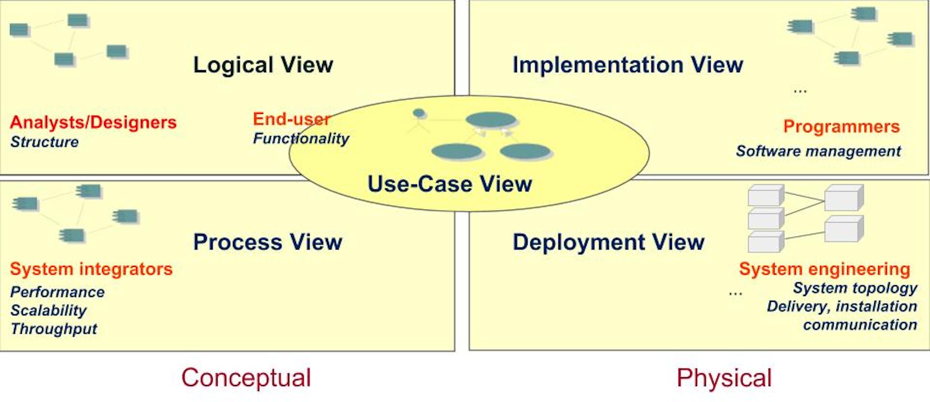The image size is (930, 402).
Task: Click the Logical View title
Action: tap(263, 65)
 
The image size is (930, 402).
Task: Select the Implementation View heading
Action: tap(628, 65)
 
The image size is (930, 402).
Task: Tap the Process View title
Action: tap(267, 242)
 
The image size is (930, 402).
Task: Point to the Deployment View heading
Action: tap(608, 242)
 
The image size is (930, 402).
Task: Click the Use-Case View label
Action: tap(449, 184)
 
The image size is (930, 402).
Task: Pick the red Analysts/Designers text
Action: tap(93, 123)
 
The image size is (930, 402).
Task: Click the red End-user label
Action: tap(292, 119)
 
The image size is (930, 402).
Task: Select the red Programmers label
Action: tap(841, 126)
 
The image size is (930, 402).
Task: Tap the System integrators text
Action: tap(91, 269)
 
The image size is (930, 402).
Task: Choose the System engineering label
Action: tap(824, 269)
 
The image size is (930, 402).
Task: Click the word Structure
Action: tap(44, 142)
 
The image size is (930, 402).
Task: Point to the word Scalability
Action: tap(48, 310)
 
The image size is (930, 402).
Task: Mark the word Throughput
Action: tap(54, 329)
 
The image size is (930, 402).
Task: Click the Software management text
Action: tap(818, 151)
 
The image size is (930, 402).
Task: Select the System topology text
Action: tap(855, 288)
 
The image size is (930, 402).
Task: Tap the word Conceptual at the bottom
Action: tap(246, 378)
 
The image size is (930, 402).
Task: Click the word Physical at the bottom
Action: tap(724, 378)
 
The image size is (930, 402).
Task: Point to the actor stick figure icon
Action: tap(419, 121)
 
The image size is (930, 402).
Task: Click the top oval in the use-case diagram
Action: tap(491, 120)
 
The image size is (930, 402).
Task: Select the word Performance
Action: tap(57, 292)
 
